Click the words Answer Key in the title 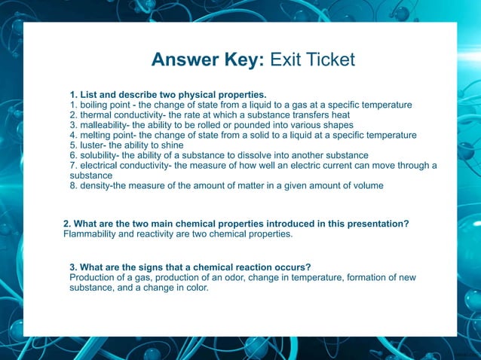pyautogui.click(x=206, y=60)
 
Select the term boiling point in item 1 pyautogui.click(x=106, y=105)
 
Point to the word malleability pyautogui.click(x=104, y=125)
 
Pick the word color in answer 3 pyautogui.click(x=194, y=287)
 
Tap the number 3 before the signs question pyautogui.click(x=72, y=267)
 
